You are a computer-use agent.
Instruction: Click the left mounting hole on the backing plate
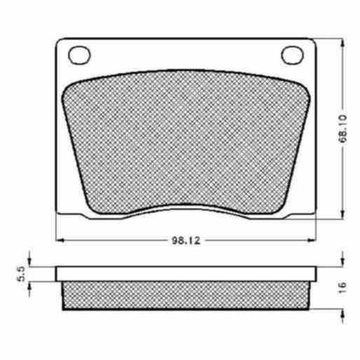79,55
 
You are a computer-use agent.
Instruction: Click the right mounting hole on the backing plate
292,55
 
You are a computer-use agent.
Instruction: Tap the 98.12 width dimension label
186,240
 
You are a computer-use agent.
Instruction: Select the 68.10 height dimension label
342,128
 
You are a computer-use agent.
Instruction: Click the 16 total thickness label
342,288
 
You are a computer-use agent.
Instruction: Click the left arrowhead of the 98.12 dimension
60,240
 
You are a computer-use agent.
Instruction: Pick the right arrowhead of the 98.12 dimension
312,240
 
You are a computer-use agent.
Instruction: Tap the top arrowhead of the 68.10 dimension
342,43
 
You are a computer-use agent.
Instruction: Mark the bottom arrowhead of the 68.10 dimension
342,214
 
